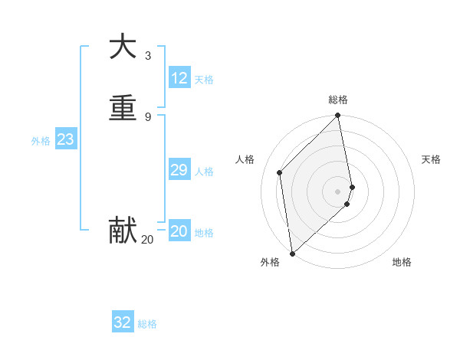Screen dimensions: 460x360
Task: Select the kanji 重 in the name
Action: (x=123, y=107)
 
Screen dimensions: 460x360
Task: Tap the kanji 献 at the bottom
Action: (x=123, y=230)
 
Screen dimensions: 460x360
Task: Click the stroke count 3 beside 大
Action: (x=148, y=55)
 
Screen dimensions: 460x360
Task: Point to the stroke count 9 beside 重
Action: (x=148, y=116)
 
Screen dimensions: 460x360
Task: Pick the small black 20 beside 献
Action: (x=147, y=240)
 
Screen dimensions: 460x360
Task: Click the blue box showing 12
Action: (x=179, y=78)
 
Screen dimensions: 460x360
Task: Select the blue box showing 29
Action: (x=179, y=170)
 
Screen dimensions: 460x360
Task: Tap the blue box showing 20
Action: (x=179, y=231)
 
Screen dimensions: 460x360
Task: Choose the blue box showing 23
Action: (x=65, y=139)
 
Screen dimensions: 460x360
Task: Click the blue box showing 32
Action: (x=123, y=322)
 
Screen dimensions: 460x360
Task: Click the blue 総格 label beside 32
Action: (x=147, y=324)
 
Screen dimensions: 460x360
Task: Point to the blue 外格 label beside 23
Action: (x=41, y=141)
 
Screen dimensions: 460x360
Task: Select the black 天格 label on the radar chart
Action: (x=431, y=159)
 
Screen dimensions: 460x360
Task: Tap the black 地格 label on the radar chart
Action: (x=402, y=262)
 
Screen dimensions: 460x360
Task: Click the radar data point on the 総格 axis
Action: (x=338, y=116)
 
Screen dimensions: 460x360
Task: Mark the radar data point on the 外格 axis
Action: (x=291, y=254)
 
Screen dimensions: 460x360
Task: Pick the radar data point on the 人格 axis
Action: (x=280, y=172)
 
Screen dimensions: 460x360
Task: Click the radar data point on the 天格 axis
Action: (x=352, y=187)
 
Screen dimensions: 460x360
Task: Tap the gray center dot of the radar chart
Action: (x=338, y=191)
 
